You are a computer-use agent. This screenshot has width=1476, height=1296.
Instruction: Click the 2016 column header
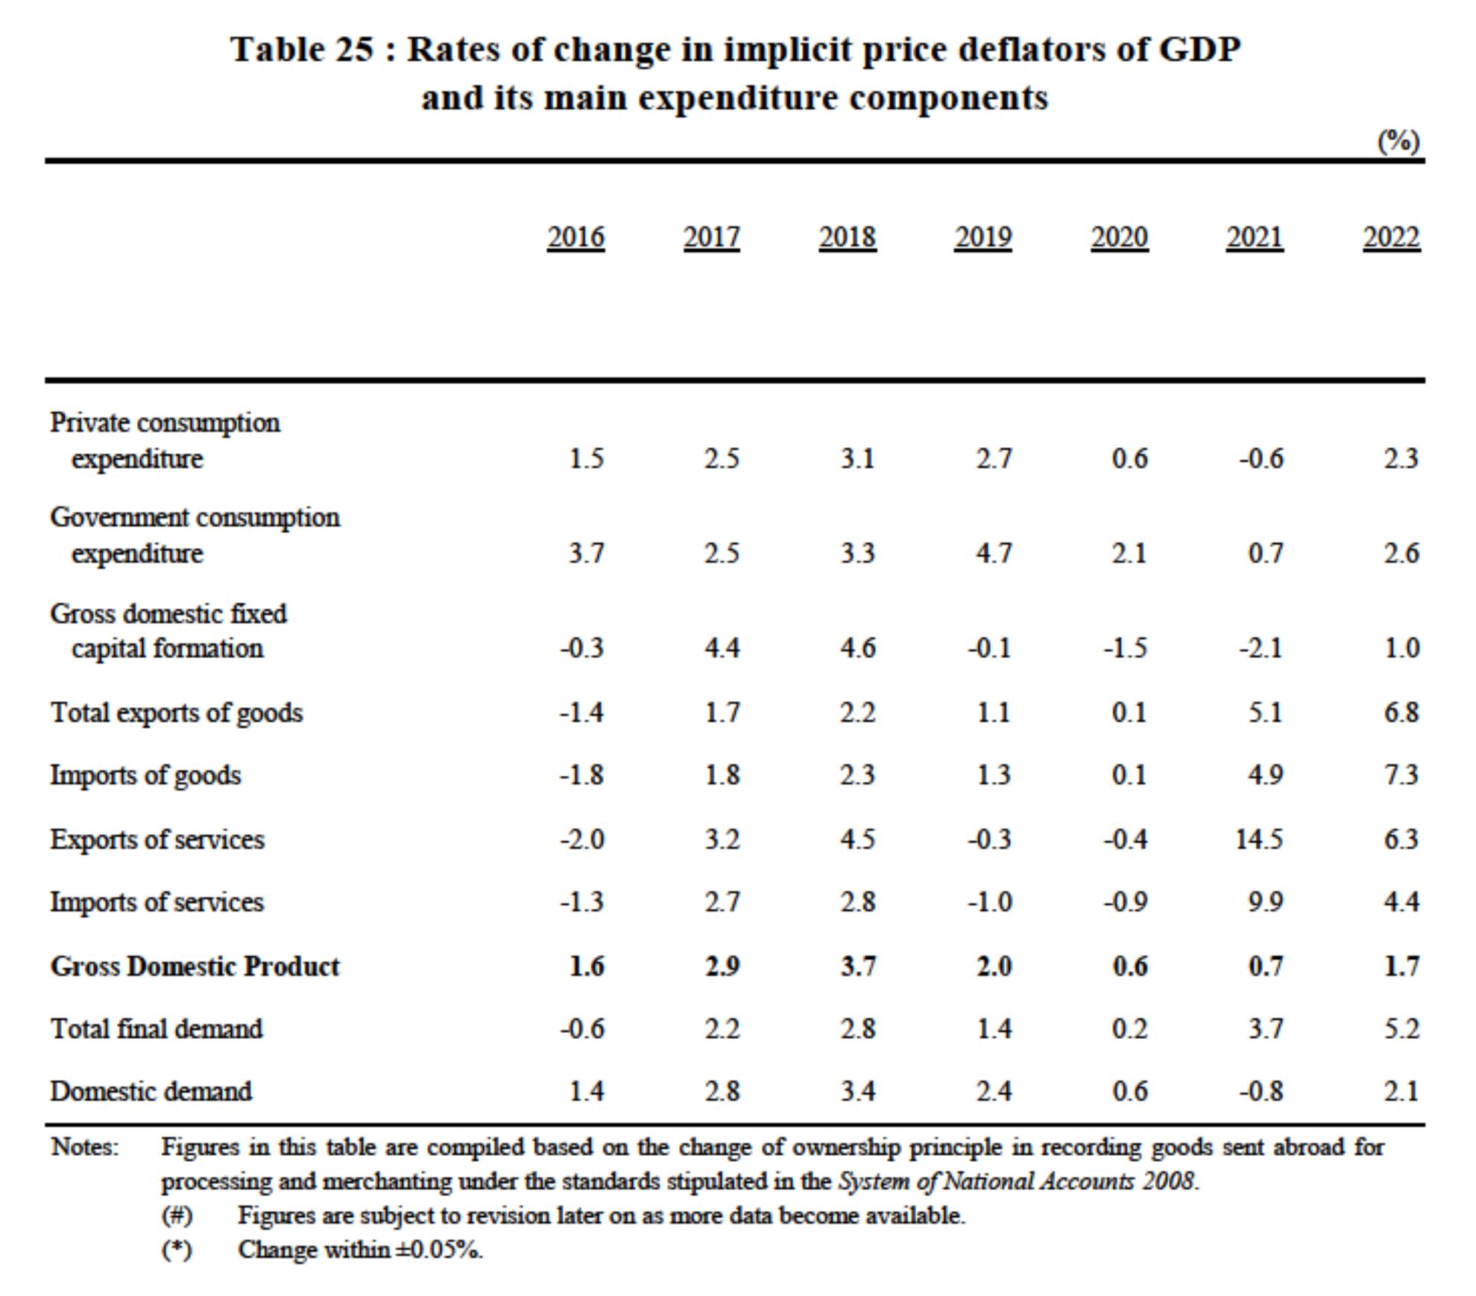pyautogui.click(x=575, y=238)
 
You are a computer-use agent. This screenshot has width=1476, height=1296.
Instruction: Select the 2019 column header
pyautogui.click(x=983, y=238)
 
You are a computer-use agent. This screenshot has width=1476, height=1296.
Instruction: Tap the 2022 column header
pyautogui.click(x=1391, y=238)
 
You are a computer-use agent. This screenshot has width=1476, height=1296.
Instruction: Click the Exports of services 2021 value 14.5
pyautogui.click(x=1259, y=840)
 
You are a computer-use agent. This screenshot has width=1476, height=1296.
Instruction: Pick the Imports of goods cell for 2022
pyautogui.click(x=1401, y=776)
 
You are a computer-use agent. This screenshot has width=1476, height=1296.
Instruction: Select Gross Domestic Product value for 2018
pyautogui.click(x=858, y=967)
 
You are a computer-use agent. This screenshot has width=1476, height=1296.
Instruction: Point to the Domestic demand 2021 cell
pyautogui.click(x=1261, y=1092)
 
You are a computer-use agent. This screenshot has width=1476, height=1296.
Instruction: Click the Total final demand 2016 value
pyautogui.click(x=582, y=1029)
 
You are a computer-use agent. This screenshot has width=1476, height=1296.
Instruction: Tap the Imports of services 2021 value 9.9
pyautogui.click(x=1266, y=903)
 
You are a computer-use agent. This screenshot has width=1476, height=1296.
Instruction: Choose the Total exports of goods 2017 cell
pyautogui.click(x=722, y=713)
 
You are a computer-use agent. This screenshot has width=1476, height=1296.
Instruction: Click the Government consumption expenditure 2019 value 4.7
pyautogui.click(x=994, y=554)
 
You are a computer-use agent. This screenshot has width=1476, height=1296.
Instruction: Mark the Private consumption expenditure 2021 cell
pyautogui.click(x=1261, y=458)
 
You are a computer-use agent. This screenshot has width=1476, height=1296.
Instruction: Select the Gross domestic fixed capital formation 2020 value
pyautogui.click(x=1126, y=648)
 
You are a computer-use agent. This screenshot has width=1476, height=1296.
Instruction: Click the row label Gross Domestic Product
pyautogui.click(x=195, y=967)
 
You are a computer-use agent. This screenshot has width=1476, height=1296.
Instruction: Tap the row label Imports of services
pyautogui.click(x=157, y=903)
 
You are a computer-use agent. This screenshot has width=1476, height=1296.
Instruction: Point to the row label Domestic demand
pyautogui.click(x=151, y=1092)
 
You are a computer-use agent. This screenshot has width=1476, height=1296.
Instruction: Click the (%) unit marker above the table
pyautogui.click(x=1398, y=141)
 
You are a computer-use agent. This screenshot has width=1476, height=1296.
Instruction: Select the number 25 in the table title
pyautogui.click(x=353, y=50)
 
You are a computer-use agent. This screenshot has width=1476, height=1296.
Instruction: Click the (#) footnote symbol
pyautogui.click(x=177, y=1216)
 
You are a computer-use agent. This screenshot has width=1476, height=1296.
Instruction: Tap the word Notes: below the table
pyautogui.click(x=85, y=1147)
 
